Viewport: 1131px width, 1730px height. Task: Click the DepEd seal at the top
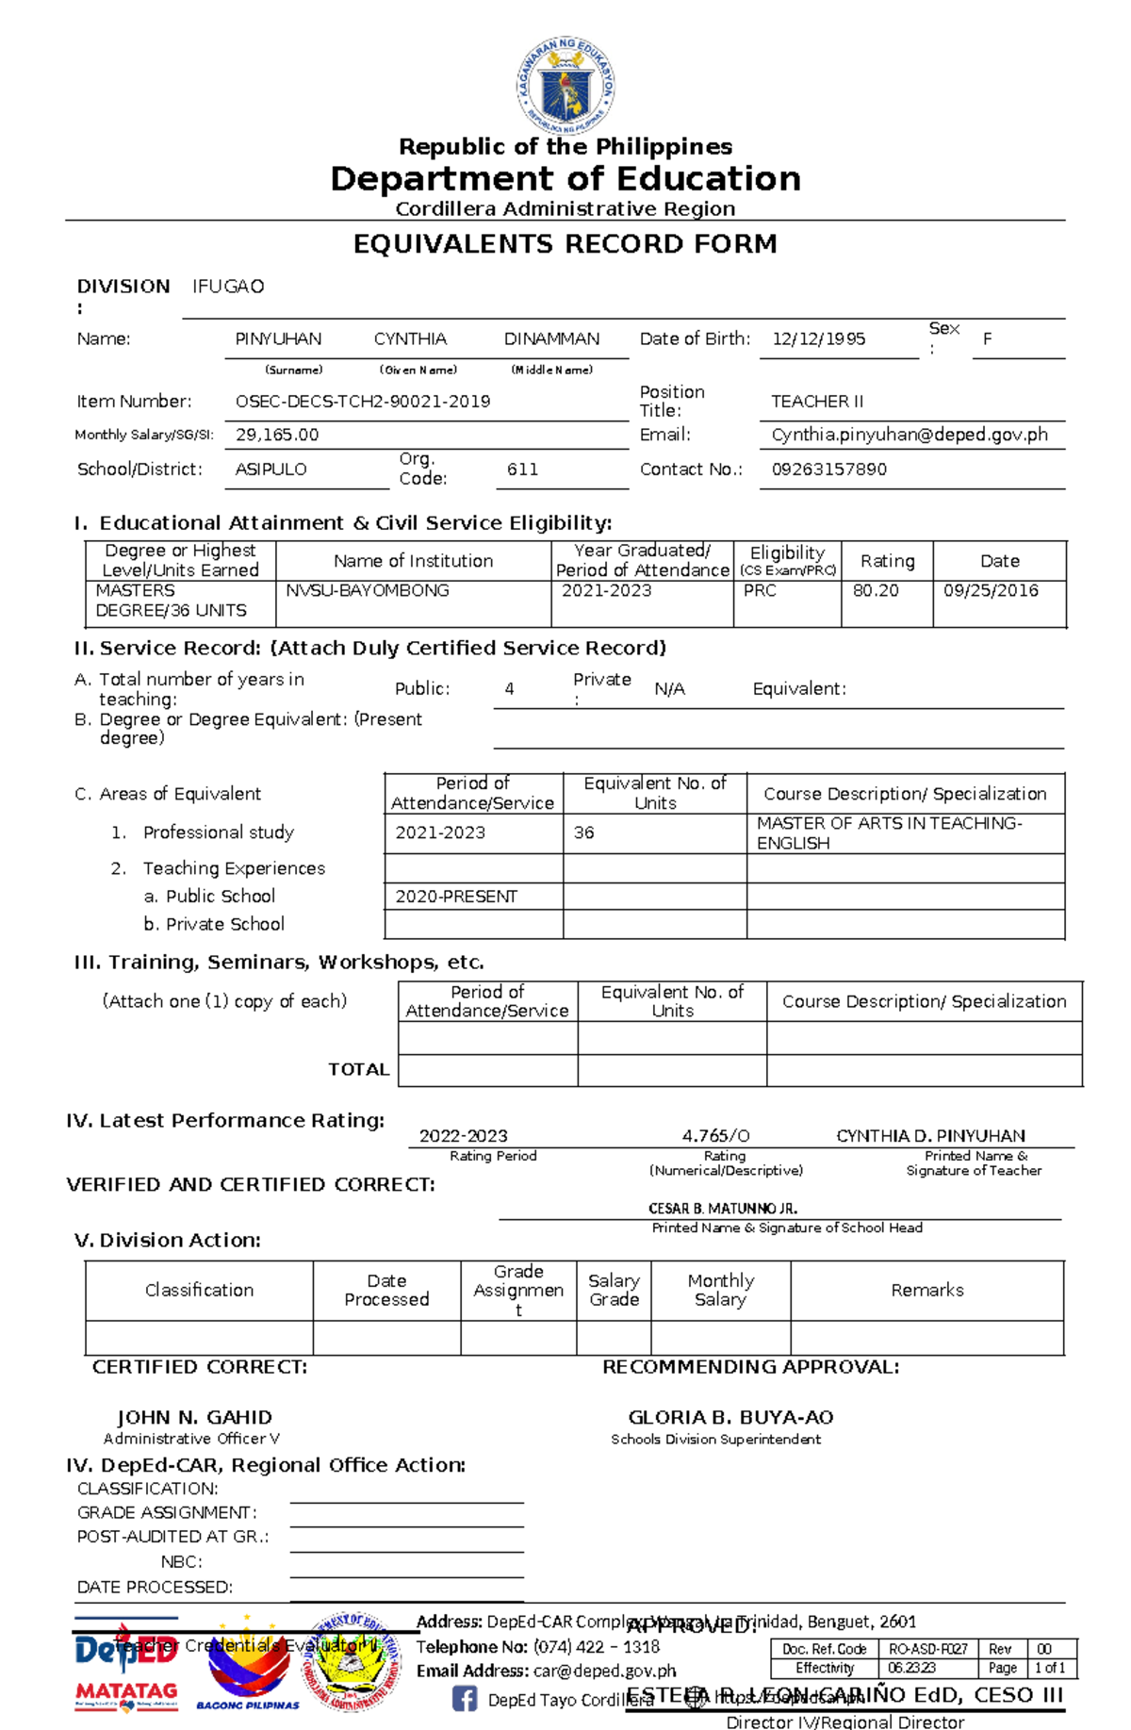coord(565,85)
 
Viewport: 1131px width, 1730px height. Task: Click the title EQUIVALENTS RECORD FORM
coord(565,244)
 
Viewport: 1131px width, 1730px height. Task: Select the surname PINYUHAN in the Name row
coord(278,339)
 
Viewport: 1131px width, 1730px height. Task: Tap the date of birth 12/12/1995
coord(818,339)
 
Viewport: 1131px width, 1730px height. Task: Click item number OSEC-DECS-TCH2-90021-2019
coord(363,402)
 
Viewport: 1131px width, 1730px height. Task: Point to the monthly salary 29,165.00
coord(277,435)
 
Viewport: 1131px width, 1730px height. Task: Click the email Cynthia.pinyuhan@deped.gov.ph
coord(910,435)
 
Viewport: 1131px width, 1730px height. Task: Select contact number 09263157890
coord(828,470)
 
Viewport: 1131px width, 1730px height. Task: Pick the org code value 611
coord(522,470)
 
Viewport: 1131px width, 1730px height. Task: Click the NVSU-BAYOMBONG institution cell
coord(368,591)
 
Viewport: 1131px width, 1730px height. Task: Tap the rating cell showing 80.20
coord(876,591)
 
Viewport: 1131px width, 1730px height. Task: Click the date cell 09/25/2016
coord(991,591)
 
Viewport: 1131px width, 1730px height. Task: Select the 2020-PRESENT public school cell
coord(456,897)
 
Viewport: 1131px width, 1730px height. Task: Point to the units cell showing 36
coord(584,833)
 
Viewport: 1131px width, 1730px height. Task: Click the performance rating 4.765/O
coord(715,1136)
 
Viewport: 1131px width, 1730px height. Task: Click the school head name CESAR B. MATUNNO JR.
coord(723,1209)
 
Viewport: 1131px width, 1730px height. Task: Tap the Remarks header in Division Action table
coord(927,1291)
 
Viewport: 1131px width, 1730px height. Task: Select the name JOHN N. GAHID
coord(194,1418)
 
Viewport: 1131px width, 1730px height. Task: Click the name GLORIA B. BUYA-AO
coord(730,1418)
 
